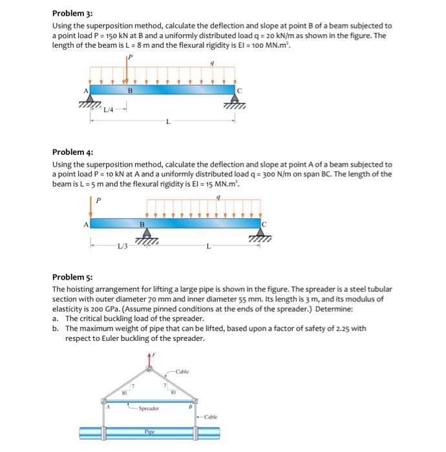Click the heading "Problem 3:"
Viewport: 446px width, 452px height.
(72, 13)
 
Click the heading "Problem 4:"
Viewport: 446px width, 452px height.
(72, 152)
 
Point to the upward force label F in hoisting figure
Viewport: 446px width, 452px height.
(154, 354)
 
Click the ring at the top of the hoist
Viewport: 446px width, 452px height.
(150, 369)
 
